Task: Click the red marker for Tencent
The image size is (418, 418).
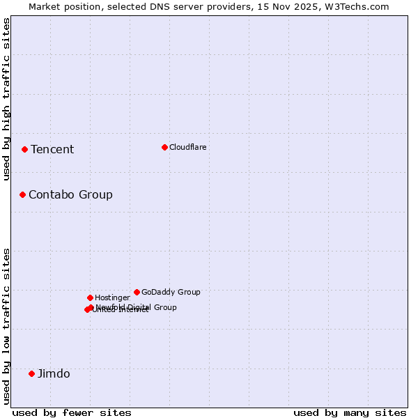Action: pos(24,149)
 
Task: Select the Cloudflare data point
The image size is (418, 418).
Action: pos(164,147)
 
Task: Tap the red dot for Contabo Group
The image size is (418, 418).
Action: pos(22,194)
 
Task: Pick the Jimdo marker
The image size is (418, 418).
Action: pos(31,373)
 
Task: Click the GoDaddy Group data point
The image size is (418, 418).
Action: pos(137,292)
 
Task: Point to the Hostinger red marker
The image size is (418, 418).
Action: pos(90,297)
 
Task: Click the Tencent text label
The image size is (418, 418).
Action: pos(52,150)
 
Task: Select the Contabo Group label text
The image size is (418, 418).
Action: pos(70,195)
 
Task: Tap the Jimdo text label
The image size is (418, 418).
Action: pos(54,374)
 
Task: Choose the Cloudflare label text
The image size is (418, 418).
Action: pos(187,148)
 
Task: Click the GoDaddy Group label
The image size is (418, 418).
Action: pos(171,293)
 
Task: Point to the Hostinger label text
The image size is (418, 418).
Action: pos(112,298)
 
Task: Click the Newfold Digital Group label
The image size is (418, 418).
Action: pos(137,307)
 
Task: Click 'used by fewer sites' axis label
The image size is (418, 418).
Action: pos(72,413)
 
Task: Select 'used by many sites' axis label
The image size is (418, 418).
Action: pos(350,413)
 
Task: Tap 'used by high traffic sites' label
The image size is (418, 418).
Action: pos(6,99)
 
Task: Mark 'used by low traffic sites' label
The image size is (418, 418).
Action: pos(6,326)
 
